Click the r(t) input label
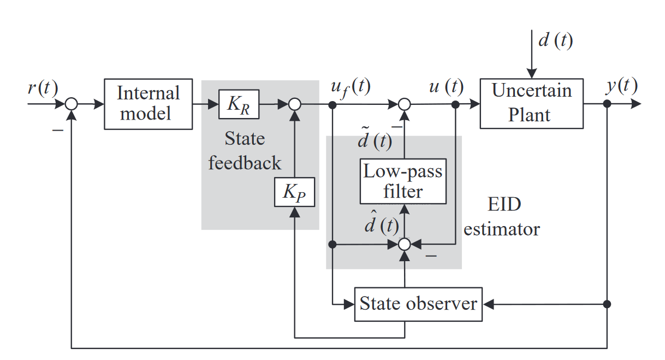click(43, 87)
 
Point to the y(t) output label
click(621, 86)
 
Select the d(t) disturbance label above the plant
click(555, 40)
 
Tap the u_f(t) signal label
click(351, 87)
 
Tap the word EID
click(504, 204)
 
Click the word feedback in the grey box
click(245, 163)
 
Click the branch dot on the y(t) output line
click(607, 104)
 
